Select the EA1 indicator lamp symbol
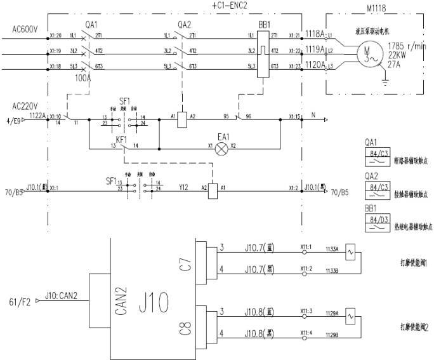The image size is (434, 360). point(221,149)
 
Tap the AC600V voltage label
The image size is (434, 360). point(26,29)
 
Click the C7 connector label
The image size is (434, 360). point(185,263)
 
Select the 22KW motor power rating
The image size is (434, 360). point(397,55)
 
